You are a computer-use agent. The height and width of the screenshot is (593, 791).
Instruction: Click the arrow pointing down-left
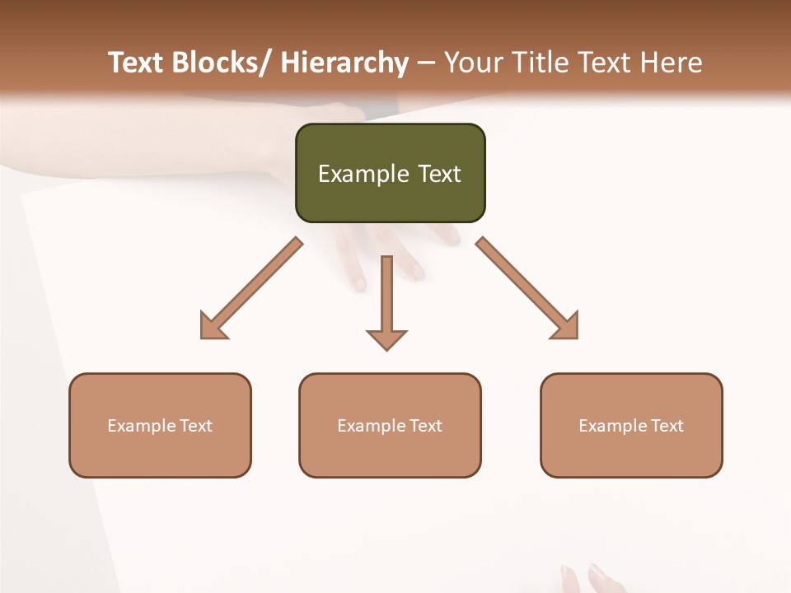(x=251, y=288)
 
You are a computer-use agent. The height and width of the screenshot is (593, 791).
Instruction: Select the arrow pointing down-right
(x=527, y=288)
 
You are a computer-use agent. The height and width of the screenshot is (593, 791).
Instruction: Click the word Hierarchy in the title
(x=344, y=63)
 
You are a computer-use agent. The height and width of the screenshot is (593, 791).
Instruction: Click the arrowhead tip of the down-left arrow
(x=203, y=337)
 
